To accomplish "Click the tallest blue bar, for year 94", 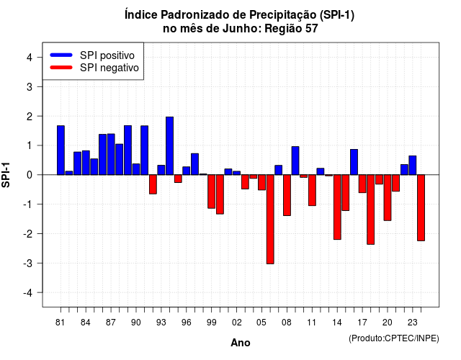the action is (x=170, y=145).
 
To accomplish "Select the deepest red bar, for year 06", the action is (x=270, y=219).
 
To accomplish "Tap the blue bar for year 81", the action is (x=61, y=150).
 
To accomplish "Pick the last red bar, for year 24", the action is (x=421, y=208).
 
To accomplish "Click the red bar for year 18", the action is (x=371, y=210).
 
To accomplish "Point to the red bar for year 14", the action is (x=337, y=207).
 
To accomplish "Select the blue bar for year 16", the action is (x=354, y=162).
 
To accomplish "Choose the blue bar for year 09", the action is (x=295, y=161).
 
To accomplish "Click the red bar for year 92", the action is (x=153, y=184).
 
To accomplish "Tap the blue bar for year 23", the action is (x=413, y=165).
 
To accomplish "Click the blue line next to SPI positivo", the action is (x=61, y=55).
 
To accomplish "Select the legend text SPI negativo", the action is (x=109, y=68).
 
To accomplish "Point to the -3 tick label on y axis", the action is (x=28, y=263).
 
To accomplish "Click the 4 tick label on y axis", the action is (x=30, y=58).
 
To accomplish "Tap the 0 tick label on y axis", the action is (x=30, y=175).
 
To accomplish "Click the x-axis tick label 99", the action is (x=211, y=323).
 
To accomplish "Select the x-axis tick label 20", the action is (x=388, y=323).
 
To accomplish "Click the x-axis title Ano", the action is (x=241, y=343).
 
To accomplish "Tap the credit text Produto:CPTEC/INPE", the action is (x=394, y=338).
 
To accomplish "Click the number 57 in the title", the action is (x=312, y=29).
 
